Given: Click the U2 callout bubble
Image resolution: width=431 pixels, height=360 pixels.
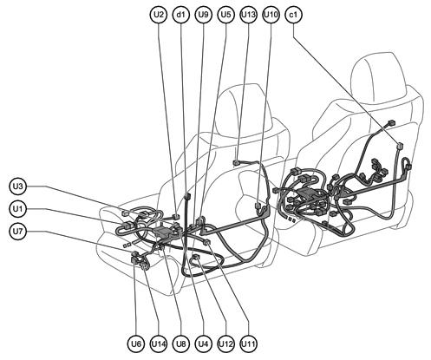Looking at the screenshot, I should pos(158,15).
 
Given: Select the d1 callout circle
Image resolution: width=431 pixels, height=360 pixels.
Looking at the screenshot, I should pos(181,15).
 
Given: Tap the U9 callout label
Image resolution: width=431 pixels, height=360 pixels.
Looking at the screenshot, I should pos(204,15).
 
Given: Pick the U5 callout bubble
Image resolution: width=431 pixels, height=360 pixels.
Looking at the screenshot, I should pos(226,15).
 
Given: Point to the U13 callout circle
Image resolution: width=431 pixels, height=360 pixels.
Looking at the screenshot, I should pos(248,15).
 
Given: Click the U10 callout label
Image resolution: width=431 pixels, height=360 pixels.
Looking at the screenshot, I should pos(271,15).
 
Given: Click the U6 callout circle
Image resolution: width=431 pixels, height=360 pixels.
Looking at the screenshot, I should pos(135,344).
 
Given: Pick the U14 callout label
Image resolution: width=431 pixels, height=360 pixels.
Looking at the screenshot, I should pos(158,344).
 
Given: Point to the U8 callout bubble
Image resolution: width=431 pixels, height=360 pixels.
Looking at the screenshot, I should pos(180,344).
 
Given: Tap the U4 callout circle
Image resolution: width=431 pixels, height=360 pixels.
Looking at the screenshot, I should pos(203,344).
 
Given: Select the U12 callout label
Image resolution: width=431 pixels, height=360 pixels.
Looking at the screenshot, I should pos(226,344).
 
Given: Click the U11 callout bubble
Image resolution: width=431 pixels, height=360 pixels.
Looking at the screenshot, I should pos(249,344).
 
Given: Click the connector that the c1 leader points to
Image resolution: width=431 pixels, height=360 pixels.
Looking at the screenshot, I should pos(400,145).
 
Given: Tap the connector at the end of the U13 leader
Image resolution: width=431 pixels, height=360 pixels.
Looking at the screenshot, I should pos(237,162).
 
